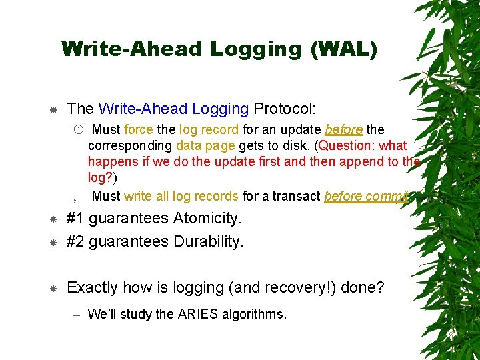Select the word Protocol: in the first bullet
pyautogui.click(x=285, y=108)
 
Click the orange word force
pyautogui.click(x=139, y=129)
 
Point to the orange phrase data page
pyautogui.click(x=205, y=145)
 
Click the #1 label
pyautogui.click(x=76, y=218)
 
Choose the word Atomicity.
pyautogui.click(x=207, y=218)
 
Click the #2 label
pyautogui.click(x=76, y=241)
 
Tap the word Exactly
pyautogui.click(x=93, y=287)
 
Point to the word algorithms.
pyautogui.click(x=256, y=313)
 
